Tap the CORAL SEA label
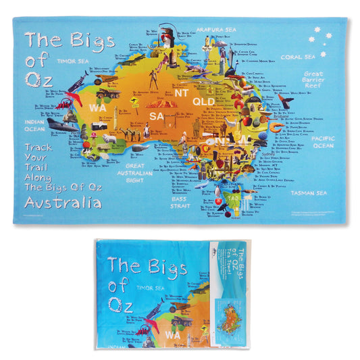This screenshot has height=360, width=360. click(298, 57)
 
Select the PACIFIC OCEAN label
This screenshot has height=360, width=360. click(324, 141)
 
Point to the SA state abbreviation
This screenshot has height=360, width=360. click(157, 115)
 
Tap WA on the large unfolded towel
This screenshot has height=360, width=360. click(98, 107)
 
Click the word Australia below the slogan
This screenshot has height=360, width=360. click(63, 203)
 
